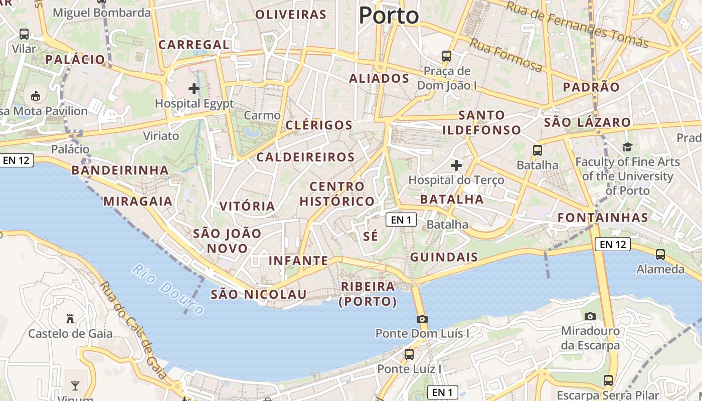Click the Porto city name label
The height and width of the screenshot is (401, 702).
(389, 16)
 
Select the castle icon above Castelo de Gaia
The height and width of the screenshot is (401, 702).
(70, 318)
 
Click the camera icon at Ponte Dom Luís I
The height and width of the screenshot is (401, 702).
(422, 319)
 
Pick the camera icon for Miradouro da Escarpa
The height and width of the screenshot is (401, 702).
(590, 316)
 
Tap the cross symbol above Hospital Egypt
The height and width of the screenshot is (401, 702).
(194, 89)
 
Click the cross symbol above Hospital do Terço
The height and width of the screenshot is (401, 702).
(456, 165)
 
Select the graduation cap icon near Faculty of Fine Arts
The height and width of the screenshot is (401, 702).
(627, 147)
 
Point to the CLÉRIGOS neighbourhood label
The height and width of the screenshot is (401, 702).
(319, 125)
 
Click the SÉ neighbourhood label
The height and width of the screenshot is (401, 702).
(371, 237)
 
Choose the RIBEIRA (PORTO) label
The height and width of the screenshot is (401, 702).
(368, 294)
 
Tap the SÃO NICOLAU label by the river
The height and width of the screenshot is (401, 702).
(258, 294)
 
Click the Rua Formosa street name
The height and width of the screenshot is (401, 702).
(505, 56)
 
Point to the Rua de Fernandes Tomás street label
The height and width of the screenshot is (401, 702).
(577, 24)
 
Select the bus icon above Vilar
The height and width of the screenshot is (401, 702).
(24, 34)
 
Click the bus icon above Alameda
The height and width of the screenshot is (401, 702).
(660, 254)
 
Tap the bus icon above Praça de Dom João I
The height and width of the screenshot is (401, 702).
(447, 56)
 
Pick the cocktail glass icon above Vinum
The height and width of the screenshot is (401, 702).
(75, 385)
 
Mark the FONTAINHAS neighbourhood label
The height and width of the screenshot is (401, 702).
(603, 218)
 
